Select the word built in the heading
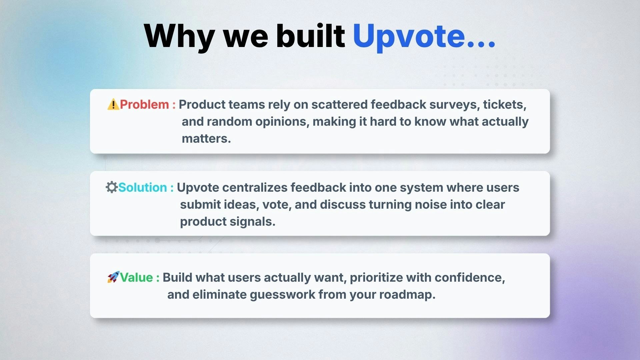310,35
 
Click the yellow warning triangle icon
113,104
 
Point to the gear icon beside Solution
112,187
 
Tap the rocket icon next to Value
113,277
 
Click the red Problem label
144,104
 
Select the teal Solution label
143,187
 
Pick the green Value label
136,277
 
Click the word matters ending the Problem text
206,139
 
